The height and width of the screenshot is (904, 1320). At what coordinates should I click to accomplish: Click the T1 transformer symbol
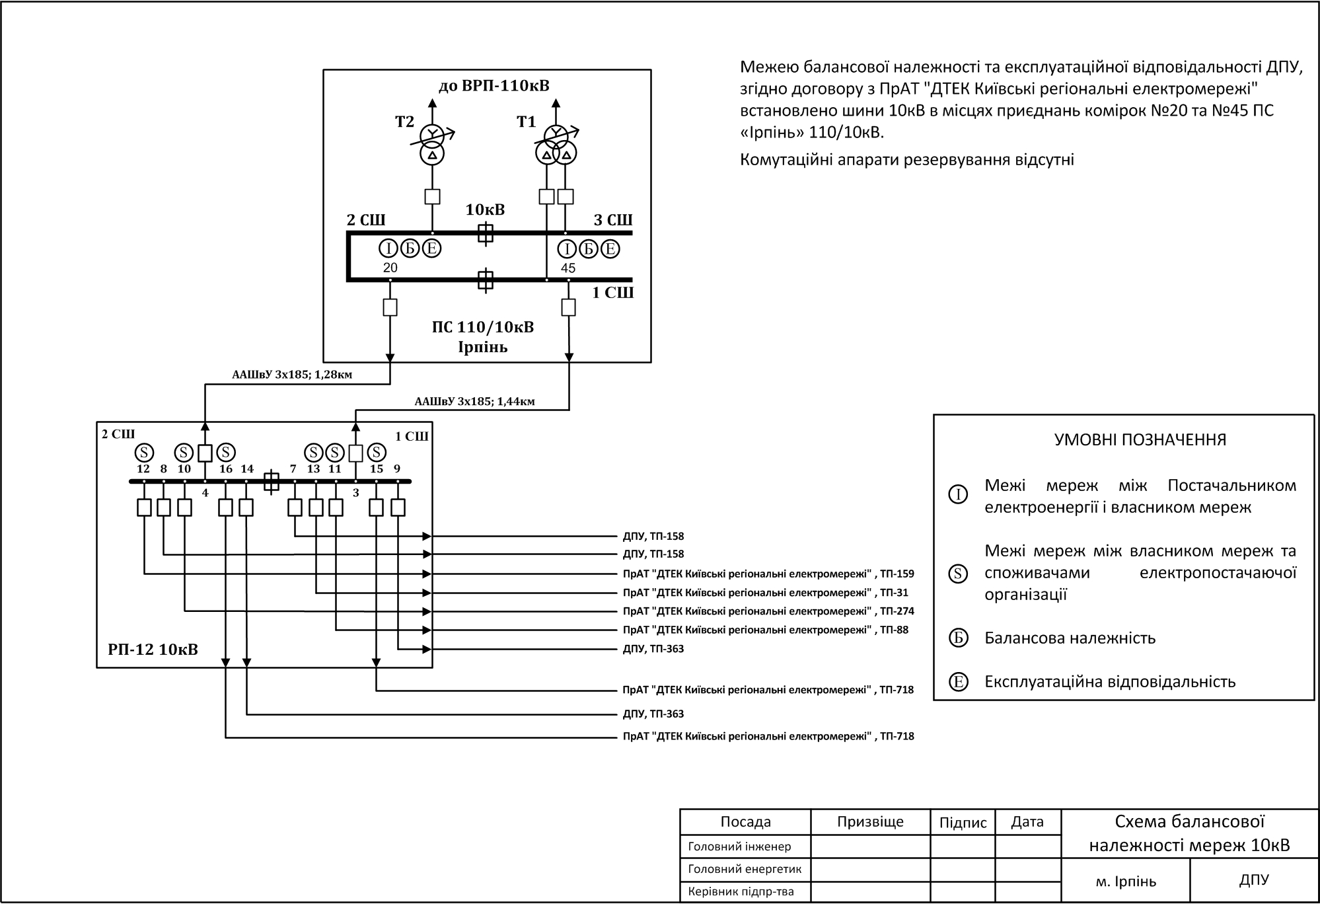click(556, 145)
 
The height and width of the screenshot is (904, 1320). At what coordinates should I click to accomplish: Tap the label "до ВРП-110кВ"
click(494, 86)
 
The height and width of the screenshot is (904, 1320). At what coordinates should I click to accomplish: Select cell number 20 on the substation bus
click(390, 268)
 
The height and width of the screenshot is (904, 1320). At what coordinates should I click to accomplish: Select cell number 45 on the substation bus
click(568, 268)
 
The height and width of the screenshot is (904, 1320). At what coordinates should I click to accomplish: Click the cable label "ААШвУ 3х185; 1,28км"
click(292, 375)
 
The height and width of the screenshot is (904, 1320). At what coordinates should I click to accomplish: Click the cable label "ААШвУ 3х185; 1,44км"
click(474, 401)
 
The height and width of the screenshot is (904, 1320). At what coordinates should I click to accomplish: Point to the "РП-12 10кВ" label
click(153, 650)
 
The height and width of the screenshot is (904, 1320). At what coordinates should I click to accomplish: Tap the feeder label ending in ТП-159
click(768, 574)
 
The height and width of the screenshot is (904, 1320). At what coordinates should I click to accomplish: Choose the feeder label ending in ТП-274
click(768, 611)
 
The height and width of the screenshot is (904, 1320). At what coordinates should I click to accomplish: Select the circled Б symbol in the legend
click(958, 638)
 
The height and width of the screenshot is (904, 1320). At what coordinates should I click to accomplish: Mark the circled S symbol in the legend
click(958, 573)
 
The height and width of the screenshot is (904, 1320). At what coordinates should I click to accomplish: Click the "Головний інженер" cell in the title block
click(739, 847)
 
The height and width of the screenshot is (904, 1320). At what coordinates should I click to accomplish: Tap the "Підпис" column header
click(963, 823)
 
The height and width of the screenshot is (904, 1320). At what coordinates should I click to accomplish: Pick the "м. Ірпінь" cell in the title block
click(1126, 882)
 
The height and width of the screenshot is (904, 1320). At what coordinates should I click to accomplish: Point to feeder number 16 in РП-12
click(226, 469)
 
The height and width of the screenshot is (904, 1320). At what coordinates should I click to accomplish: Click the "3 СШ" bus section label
click(612, 220)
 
